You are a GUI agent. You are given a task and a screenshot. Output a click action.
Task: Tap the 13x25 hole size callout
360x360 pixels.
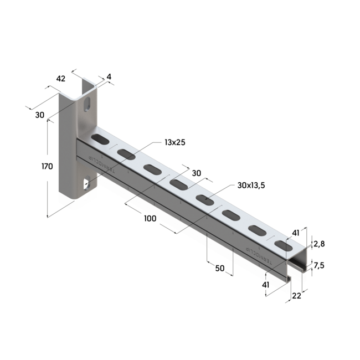(174, 142)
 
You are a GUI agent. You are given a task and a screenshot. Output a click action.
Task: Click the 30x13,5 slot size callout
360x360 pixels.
(251, 186)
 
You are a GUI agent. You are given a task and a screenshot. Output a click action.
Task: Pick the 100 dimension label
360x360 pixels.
(150, 218)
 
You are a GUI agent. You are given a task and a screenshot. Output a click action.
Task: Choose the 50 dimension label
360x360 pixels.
(220, 268)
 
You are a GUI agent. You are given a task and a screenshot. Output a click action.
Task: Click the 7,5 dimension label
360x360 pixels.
(319, 265)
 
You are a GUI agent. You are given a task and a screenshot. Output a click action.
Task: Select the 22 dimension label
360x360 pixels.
(296, 296)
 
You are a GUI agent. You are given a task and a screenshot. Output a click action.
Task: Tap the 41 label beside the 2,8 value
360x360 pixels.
(296, 233)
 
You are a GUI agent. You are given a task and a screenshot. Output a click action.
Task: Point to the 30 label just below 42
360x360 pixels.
(39, 115)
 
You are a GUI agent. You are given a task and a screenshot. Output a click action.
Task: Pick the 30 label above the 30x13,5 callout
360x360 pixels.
(197, 173)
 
